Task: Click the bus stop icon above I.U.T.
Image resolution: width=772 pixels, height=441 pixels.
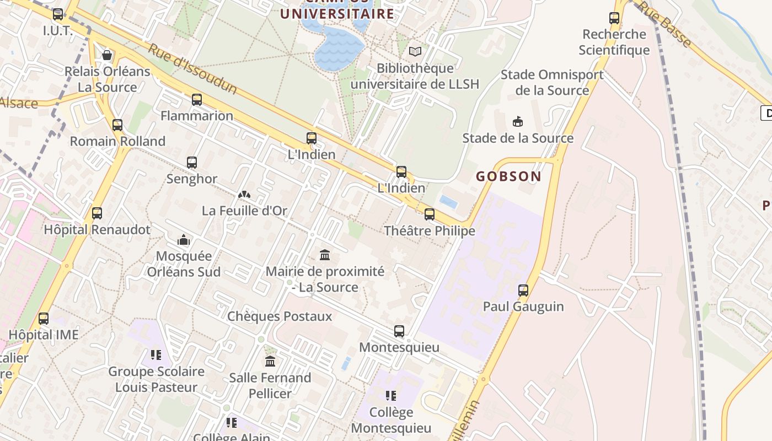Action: point(58,14)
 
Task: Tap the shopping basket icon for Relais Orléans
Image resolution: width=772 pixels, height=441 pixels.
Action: point(107,55)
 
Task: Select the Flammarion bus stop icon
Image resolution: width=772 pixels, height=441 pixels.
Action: point(197,100)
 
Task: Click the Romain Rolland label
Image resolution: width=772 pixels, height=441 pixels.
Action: point(117,141)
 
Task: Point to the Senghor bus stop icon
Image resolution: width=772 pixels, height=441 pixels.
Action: point(192,163)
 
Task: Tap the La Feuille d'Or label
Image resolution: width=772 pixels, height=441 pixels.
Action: point(244,211)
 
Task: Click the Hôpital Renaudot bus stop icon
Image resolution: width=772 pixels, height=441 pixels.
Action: point(97,213)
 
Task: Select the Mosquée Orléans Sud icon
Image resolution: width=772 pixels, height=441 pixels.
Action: point(184,240)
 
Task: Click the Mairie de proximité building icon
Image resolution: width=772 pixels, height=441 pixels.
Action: point(325,255)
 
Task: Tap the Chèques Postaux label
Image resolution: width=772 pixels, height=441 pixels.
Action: point(280,316)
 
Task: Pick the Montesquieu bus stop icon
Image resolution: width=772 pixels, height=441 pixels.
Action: point(399,331)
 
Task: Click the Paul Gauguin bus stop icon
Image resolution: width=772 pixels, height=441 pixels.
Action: point(523,290)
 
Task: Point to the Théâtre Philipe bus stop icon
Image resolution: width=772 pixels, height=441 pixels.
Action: point(430,214)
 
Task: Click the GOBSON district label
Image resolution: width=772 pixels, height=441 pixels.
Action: point(508,176)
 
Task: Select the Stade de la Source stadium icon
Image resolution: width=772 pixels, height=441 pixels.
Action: point(517,121)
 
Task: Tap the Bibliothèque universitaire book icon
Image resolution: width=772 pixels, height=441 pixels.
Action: point(415,51)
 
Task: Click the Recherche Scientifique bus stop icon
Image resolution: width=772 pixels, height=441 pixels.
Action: point(614,18)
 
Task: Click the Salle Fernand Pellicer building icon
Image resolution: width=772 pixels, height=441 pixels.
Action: point(270,362)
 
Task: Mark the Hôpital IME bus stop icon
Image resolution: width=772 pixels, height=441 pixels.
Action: point(44,319)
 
